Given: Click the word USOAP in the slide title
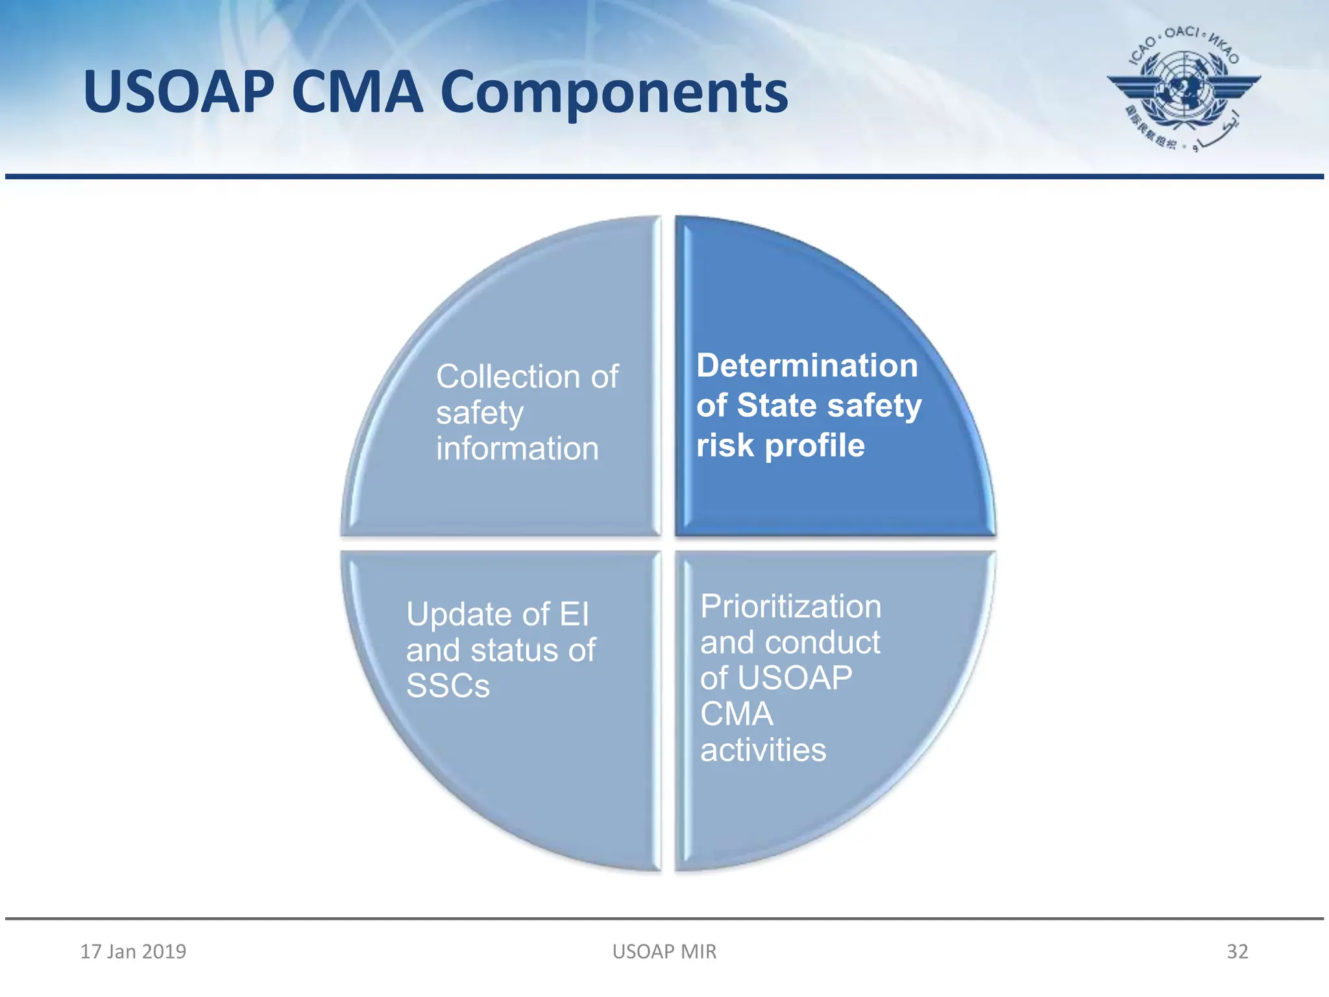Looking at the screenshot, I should [x=179, y=93].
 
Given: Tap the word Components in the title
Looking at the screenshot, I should [x=614, y=93].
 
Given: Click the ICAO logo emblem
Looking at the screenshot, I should [x=1184, y=88].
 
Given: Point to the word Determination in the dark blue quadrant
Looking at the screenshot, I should [x=807, y=365].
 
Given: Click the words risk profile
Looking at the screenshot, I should [x=780, y=445].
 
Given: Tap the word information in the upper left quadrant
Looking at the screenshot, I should [x=517, y=449].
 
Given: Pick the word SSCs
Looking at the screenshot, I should [x=448, y=686].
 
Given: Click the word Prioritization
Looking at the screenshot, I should [x=790, y=607].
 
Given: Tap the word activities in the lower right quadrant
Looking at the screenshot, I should [x=763, y=750].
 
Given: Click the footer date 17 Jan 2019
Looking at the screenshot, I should [x=133, y=952].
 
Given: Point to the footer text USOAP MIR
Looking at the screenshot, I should [x=664, y=952].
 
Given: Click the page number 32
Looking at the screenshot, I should [x=1237, y=952].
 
